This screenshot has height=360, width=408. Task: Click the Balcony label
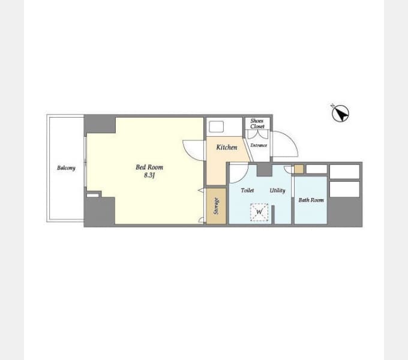tap(66, 168)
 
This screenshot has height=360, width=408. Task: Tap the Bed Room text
tap(149, 167)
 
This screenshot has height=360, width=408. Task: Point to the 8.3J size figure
tap(149, 175)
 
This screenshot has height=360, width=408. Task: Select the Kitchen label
tap(227, 147)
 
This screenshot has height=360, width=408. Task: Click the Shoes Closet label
tap(257, 124)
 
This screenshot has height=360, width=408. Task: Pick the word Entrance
tap(259, 145)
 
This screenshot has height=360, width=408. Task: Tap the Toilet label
tap(247, 190)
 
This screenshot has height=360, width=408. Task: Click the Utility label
tap(277, 191)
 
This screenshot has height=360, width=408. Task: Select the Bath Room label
tap(311, 200)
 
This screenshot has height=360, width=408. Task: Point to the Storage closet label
tap(216, 206)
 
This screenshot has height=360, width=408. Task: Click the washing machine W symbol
tap(259, 212)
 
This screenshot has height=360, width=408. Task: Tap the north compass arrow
tap(341, 113)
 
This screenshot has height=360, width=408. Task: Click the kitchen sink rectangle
tap(217, 127)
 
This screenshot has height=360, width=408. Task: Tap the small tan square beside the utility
tap(299, 169)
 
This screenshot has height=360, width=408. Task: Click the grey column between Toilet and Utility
tap(265, 170)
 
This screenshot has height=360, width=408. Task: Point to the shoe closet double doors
tap(257, 134)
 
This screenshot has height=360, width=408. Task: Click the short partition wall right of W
tap(273, 215)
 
